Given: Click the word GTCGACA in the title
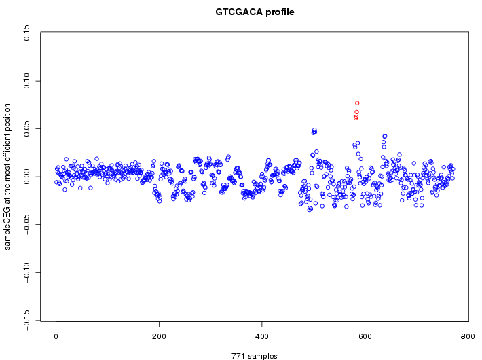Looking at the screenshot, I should [x=238, y=12].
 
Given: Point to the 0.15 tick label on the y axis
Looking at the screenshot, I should [x=26, y=33].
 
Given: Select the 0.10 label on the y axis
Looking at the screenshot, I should [x=26, y=81].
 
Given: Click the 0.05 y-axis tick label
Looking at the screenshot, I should [x=26, y=128].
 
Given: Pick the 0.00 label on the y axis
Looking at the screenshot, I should [x=26, y=177].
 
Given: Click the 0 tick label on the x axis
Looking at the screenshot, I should [x=56, y=336].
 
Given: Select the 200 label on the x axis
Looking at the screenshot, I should [x=159, y=336].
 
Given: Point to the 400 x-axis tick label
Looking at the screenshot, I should [x=262, y=336].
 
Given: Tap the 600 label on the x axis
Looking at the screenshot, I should [x=365, y=336].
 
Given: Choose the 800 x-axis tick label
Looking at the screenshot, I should [x=468, y=336].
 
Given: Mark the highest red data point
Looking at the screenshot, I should [x=357, y=103].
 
